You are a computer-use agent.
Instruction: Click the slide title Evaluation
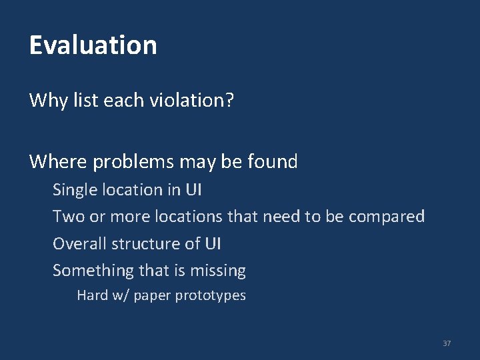click(93, 45)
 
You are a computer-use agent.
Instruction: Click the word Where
click(59, 161)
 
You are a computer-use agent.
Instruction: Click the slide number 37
click(447, 343)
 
